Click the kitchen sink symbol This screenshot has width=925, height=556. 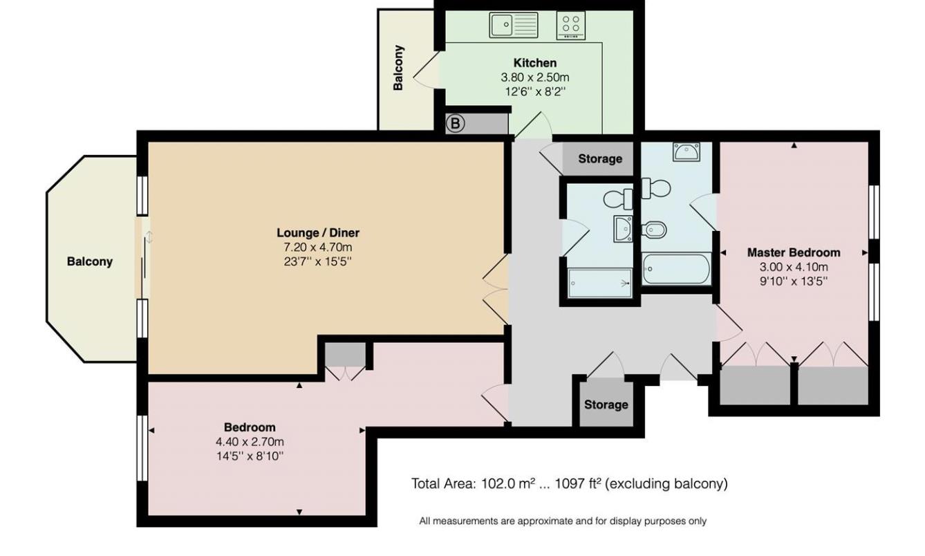point(514,26)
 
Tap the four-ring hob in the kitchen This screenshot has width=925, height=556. point(571,26)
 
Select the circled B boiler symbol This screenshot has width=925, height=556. point(454,124)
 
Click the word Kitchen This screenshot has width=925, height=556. point(534,63)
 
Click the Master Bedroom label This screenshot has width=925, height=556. point(794,252)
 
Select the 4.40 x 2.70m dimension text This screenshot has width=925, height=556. point(250,442)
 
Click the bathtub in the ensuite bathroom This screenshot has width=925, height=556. point(675,269)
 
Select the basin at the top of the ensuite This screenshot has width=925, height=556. point(686,151)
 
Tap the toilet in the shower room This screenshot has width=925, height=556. point(618,198)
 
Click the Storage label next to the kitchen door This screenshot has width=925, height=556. point(599,159)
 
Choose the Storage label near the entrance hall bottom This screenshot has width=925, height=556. point(606,405)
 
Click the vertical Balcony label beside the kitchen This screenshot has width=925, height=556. point(398,68)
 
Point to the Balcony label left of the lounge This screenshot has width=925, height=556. point(89,261)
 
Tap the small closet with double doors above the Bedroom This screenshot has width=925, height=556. point(345,360)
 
